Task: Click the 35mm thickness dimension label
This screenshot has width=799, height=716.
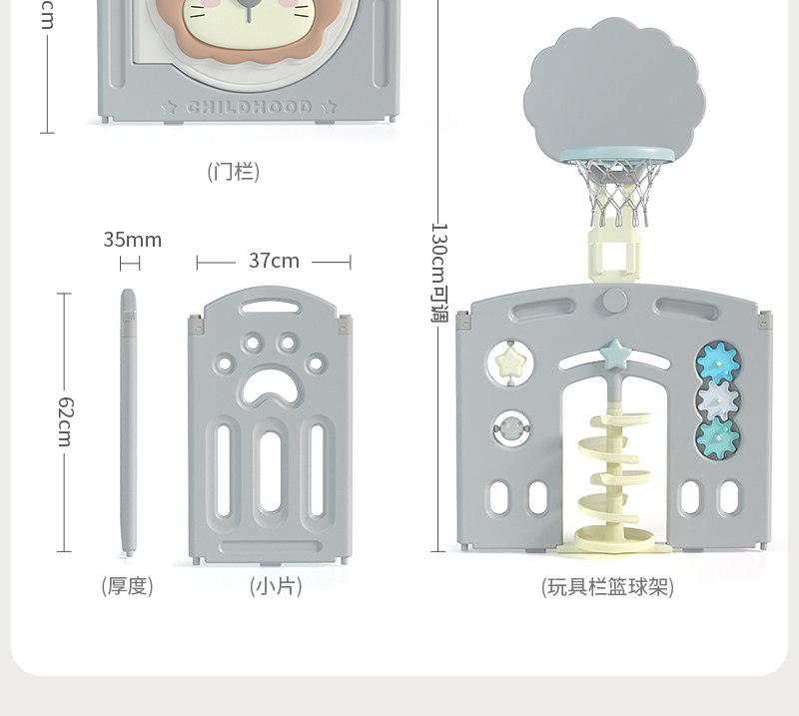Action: [132, 240]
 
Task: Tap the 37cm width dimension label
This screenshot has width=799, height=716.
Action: [274, 261]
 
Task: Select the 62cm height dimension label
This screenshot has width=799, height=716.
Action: [64, 420]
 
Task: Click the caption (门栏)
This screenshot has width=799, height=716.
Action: [234, 172]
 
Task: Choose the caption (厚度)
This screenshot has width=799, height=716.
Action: [128, 586]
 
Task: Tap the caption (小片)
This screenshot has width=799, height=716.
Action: [275, 586]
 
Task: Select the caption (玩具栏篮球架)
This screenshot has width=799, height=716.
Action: [607, 587]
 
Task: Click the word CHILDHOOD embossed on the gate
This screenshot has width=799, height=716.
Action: [249, 107]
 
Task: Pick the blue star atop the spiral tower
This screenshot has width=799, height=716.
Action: [614, 353]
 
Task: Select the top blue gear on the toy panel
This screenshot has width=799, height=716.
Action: [716, 361]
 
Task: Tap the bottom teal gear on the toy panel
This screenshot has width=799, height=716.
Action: [716, 437]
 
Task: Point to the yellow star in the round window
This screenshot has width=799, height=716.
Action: [510, 361]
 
